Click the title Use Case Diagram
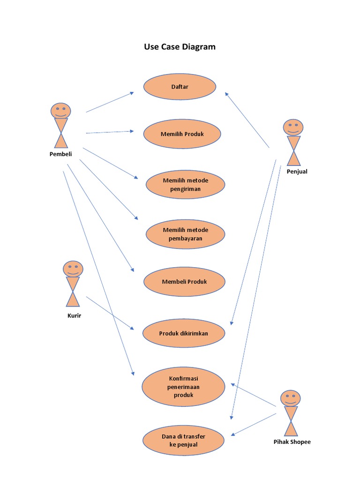point(180,47)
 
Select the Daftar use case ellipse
point(180,87)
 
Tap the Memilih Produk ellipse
point(182,134)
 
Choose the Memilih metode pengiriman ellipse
point(185,185)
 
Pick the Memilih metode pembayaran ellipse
point(185,234)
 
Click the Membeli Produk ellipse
point(184,282)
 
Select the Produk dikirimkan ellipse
point(183,333)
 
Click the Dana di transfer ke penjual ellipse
point(183,441)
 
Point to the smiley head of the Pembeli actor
point(61,111)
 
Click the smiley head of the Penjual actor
point(293,127)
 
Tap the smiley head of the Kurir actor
point(73,269)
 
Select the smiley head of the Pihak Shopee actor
point(291,398)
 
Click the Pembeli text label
point(61,154)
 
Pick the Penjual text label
point(297,172)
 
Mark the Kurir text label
point(74,315)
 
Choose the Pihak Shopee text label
point(292,442)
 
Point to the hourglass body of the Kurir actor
point(73,292)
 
